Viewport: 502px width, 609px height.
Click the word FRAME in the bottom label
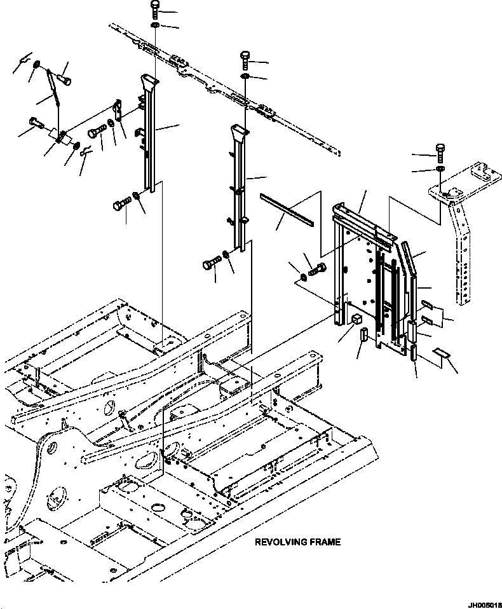[x=325, y=542]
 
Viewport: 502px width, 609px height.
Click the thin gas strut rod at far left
[x=53, y=90]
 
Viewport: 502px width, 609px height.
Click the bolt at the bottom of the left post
[x=120, y=205]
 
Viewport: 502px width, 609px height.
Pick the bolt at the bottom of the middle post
[x=210, y=263]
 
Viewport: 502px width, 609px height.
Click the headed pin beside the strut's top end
[x=65, y=79]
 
